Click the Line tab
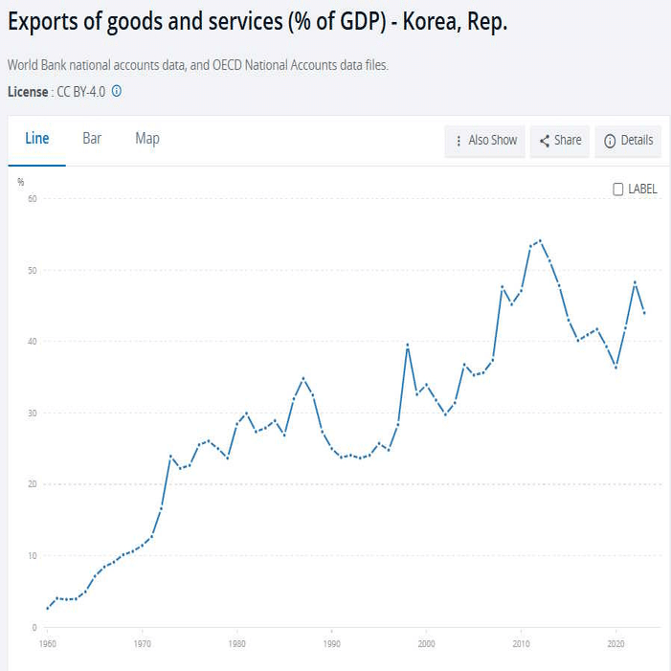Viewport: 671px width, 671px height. coord(36,139)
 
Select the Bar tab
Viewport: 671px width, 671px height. coord(92,139)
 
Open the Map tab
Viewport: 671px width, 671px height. coord(147,139)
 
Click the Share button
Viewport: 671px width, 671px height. coord(560,141)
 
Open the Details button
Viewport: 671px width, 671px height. coord(628,141)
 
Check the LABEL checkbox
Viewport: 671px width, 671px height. coord(618,190)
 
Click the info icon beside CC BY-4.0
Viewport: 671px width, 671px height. coord(117,92)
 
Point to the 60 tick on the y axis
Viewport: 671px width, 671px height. coord(32,199)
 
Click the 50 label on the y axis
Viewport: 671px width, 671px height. coord(32,271)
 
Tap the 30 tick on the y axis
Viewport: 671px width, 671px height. coord(32,414)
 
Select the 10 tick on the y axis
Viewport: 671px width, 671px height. coord(32,556)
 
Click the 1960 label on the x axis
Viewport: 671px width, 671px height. coord(48,644)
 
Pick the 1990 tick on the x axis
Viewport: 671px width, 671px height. coord(331,644)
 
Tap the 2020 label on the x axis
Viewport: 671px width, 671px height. coord(615,644)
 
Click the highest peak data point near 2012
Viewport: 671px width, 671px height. coord(540,240)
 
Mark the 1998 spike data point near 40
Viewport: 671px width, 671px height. coord(408,345)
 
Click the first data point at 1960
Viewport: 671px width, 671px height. coord(48,608)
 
